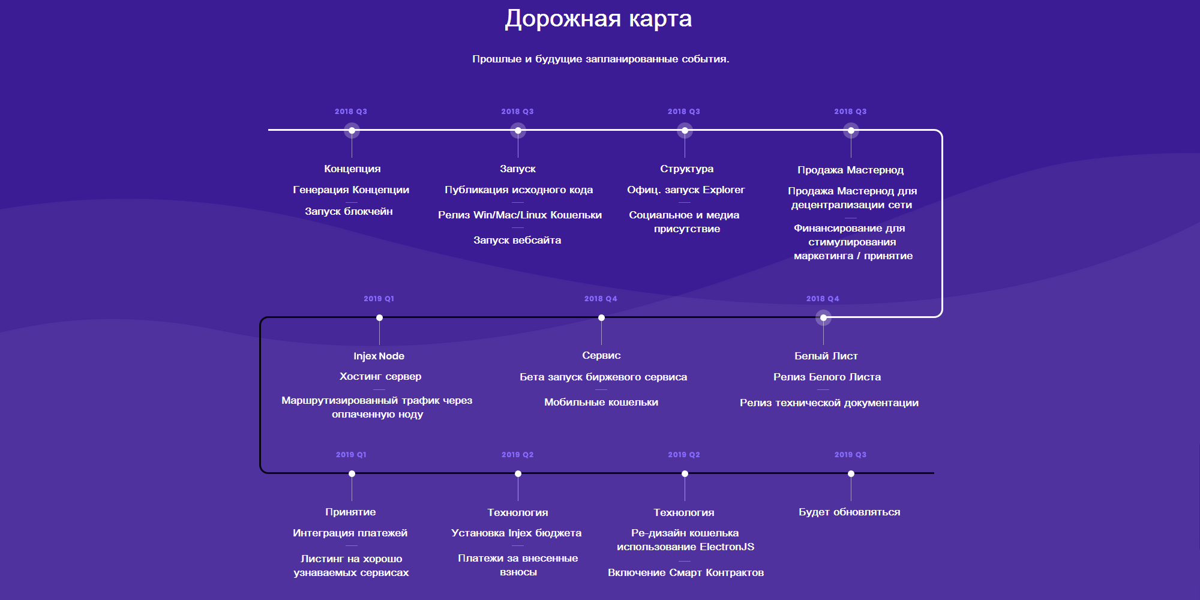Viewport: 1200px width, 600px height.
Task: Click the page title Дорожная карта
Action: [x=598, y=19]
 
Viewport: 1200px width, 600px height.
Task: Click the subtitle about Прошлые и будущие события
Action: [x=601, y=59]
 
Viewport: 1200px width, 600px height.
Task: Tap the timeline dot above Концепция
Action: [x=352, y=130]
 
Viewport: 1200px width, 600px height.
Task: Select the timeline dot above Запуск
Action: [x=518, y=130]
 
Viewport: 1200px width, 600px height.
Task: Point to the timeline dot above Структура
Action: [x=685, y=130]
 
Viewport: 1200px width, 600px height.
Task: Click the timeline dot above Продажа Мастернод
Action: [x=851, y=130]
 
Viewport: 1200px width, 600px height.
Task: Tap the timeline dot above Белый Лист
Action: [x=823, y=317]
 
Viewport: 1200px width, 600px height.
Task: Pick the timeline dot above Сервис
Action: [x=601, y=317]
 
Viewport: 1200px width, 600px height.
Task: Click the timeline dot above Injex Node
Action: [x=379, y=317]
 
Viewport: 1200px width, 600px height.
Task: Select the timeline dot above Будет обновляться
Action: [x=851, y=473]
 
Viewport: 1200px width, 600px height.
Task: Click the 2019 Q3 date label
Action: [x=850, y=455]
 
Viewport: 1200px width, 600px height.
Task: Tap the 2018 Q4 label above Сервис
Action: [x=601, y=299]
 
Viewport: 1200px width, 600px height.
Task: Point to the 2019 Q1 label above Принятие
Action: [x=351, y=455]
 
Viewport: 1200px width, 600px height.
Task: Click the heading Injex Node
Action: [x=379, y=356]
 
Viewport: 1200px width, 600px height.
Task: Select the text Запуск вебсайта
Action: [x=517, y=240]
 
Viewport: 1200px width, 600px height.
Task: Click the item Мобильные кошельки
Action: [x=601, y=402]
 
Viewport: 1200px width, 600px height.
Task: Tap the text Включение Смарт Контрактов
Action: [x=686, y=572]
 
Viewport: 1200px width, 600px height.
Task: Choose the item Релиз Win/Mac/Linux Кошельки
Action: [x=520, y=215]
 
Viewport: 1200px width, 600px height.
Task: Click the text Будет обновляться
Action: [x=850, y=512]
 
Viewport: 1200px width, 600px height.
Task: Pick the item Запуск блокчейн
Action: [x=349, y=211]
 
